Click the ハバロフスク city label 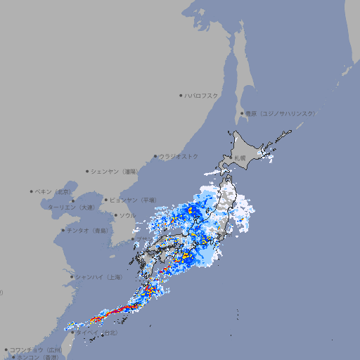[x=202, y=95]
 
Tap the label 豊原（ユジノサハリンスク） [x=281, y=113]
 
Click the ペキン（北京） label [x=53, y=191]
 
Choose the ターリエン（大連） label [x=71, y=207]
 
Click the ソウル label [x=127, y=215]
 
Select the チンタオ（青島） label [x=87, y=230]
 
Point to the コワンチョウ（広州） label [x=36, y=349]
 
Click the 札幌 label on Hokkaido [x=240, y=158]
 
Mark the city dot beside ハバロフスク [x=181, y=96]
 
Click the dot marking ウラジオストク [x=155, y=157]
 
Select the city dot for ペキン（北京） [x=32, y=191]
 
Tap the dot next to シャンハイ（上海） [x=72, y=277]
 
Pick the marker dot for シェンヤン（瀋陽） [x=87, y=171]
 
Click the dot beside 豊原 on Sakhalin [x=243, y=113]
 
